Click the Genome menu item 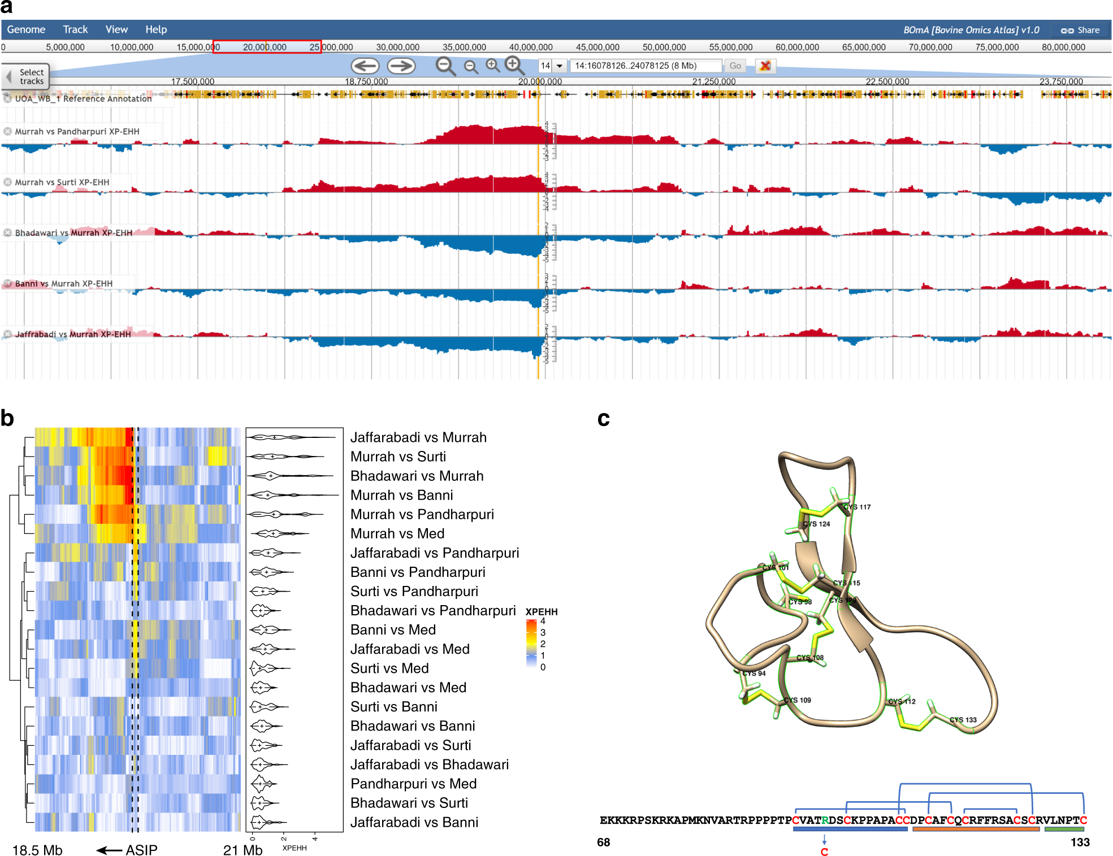pyautogui.click(x=26, y=29)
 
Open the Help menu pyautogui.click(x=155, y=29)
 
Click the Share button pyautogui.click(x=1080, y=30)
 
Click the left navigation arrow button pyautogui.click(x=365, y=66)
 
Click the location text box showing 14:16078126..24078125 pyautogui.click(x=644, y=66)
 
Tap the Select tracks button pyautogui.click(x=26, y=76)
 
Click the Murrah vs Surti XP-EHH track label pyautogui.click(x=62, y=182)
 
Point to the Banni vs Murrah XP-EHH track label pyautogui.click(x=63, y=284)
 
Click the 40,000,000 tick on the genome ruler pyautogui.click(x=530, y=47)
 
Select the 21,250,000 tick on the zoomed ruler pyautogui.click(x=713, y=81)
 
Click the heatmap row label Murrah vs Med pyautogui.click(x=397, y=533)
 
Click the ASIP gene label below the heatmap pyautogui.click(x=141, y=850)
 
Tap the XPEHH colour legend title pyautogui.click(x=541, y=611)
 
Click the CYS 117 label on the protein pyautogui.click(x=857, y=507)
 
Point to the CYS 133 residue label pyautogui.click(x=963, y=719)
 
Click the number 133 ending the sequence pyautogui.click(x=1079, y=842)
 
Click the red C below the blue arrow pyautogui.click(x=824, y=851)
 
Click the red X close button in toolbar pyautogui.click(x=765, y=66)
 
